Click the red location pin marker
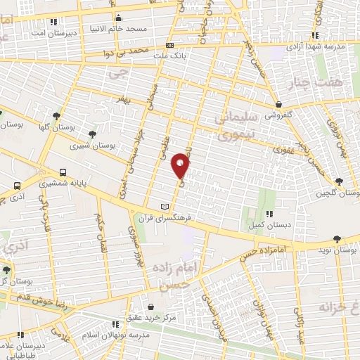click(x=181, y=166)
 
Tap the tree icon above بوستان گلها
click(x=56, y=116)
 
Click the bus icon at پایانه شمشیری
click(x=64, y=172)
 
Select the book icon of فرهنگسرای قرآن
click(x=165, y=207)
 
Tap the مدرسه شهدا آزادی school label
click(x=316, y=46)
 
